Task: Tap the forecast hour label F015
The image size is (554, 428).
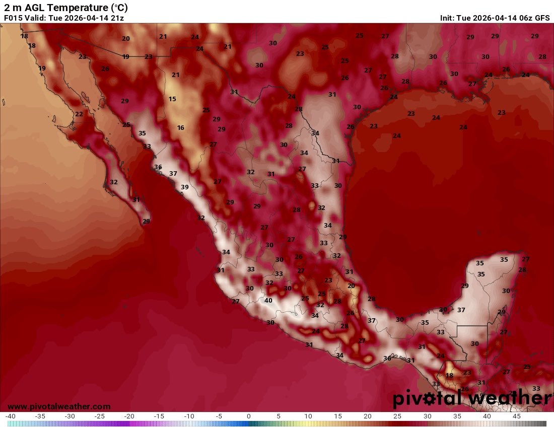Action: click(x=13, y=18)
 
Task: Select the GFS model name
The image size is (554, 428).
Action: click(x=542, y=18)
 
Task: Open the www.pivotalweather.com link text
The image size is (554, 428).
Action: click(x=59, y=406)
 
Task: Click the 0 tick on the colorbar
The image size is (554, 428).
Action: click(x=249, y=416)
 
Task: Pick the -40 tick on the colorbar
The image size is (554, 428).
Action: click(x=10, y=416)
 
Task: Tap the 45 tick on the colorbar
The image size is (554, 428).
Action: click(x=516, y=416)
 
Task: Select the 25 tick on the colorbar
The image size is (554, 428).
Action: click(x=397, y=416)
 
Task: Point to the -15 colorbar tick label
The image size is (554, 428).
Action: click(x=159, y=416)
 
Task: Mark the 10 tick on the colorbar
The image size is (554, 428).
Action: click(x=308, y=416)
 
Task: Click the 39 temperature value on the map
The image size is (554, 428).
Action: click(x=185, y=187)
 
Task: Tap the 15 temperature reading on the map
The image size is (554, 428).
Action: click(x=172, y=99)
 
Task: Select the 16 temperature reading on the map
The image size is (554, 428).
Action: click(x=180, y=128)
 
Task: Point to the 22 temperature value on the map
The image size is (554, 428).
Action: click(x=79, y=114)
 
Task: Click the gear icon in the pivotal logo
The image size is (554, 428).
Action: click(x=431, y=399)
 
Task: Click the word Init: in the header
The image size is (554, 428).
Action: click(x=448, y=18)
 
